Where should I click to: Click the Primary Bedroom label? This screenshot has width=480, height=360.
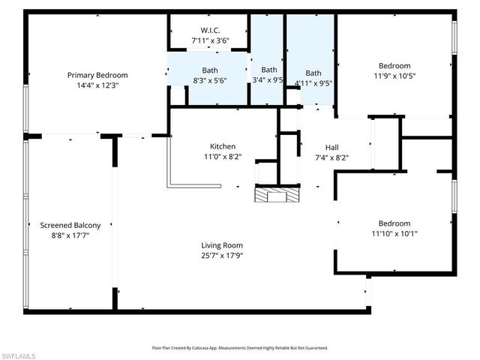point(97,75)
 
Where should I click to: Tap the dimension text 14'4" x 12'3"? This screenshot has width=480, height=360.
point(97,85)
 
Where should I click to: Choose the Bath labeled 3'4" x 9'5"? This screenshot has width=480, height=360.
point(268,70)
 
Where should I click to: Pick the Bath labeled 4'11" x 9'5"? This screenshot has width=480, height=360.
point(313,73)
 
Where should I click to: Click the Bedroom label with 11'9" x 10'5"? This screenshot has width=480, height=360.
point(394,65)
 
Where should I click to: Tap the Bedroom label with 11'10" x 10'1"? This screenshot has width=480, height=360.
point(394,223)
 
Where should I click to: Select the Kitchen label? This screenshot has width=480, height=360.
point(223,146)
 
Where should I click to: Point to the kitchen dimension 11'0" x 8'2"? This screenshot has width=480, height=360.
point(223,157)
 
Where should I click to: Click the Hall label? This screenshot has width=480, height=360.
point(331,147)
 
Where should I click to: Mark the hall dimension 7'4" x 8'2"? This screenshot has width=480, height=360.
point(331,157)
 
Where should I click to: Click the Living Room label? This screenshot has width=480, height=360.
point(222,244)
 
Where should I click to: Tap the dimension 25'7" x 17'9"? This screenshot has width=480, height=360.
point(222,255)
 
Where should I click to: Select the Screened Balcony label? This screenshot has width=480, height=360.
point(70,225)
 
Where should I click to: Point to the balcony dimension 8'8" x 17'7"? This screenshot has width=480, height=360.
point(70,235)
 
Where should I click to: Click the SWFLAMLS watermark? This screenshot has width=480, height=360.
point(17,354)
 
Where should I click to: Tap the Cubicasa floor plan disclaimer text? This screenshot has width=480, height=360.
point(240,348)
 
